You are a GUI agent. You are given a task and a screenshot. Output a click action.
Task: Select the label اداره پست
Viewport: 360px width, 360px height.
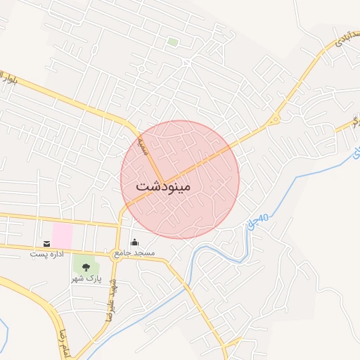pyautogui.click(x=47, y=253)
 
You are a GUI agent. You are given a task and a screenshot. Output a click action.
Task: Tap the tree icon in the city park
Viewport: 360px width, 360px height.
pyautogui.click(x=86, y=266)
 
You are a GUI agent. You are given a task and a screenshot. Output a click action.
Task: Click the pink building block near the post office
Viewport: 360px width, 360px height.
pyautogui.click(x=63, y=235)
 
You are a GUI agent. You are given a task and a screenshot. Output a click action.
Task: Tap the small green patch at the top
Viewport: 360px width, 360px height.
pyautogui.click(x=172, y=41)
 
